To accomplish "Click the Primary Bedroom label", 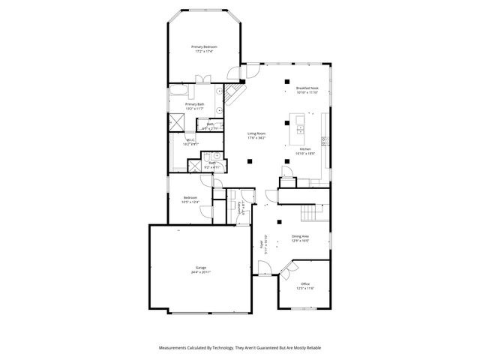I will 203,46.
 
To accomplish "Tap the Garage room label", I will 201,267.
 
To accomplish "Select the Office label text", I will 305,283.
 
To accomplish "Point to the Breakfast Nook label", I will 307,88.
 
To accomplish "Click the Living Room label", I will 256,133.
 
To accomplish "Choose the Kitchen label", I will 305,149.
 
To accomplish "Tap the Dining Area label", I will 301,235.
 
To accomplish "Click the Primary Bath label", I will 195,104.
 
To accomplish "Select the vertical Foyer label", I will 262,243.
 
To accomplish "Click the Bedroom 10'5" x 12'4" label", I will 191,199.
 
